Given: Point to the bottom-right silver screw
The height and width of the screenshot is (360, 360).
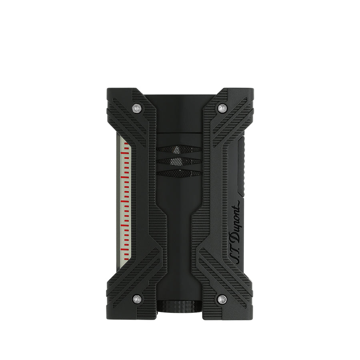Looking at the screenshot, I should pyautogui.click(x=222, y=298).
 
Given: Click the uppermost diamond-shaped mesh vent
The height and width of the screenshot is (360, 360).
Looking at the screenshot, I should pyautogui.click(x=179, y=149).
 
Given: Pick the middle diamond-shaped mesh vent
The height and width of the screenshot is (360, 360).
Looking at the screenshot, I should pyautogui.click(x=179, y=161).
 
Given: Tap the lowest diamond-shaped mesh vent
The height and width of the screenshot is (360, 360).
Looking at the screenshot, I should pyautogui.click(x=179, y=172).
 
